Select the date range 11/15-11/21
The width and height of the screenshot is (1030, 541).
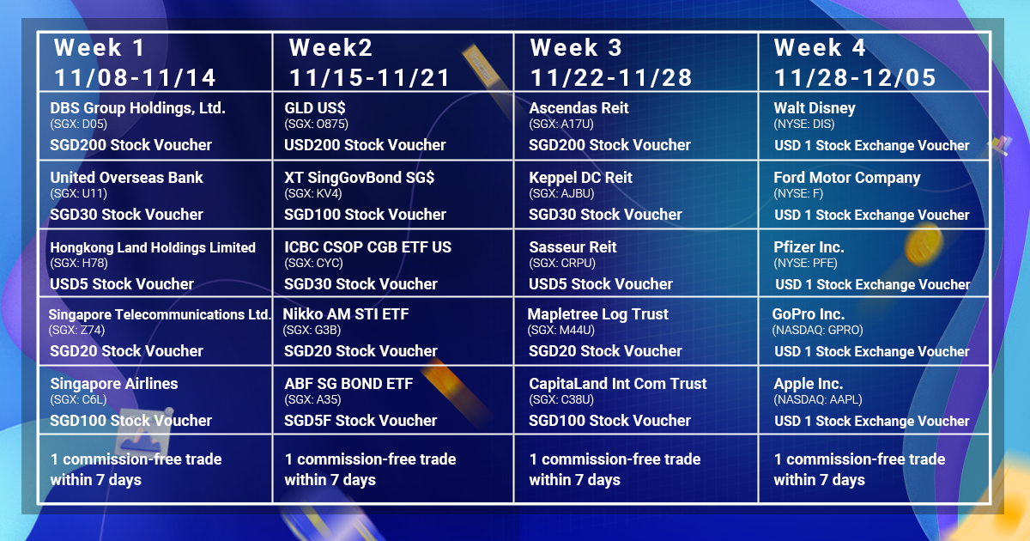pos(370,77)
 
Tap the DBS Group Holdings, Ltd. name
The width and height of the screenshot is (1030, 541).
pos(137,108)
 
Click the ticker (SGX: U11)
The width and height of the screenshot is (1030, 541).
pos(79,194)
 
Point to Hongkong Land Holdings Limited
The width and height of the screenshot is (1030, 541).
pos(153,247)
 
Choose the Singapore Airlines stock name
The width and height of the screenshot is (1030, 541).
pos(114,384)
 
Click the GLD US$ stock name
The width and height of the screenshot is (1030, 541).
pos(315,108)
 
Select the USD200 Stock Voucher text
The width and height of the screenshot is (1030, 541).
pos(365,145)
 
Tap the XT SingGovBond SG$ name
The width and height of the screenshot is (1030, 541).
pos(359,178)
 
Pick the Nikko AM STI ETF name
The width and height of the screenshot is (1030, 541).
pos(346,314)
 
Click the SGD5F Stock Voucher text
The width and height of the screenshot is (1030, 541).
pos(360,421)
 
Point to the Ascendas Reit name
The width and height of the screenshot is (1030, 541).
pos(579,108)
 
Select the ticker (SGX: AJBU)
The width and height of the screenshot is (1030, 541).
pos(561,194)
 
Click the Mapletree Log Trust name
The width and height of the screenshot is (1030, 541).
pos(597,314)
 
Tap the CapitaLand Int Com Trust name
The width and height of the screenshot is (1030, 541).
pos(618,384)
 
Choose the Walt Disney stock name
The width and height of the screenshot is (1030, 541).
pos(815,108)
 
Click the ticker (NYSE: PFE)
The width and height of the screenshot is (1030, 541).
pos(806,263)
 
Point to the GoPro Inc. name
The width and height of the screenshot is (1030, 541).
pos(809,314)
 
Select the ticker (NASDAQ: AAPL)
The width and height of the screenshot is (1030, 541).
pos(818,399)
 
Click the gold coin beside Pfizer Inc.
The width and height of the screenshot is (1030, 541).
pos(924,245)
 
